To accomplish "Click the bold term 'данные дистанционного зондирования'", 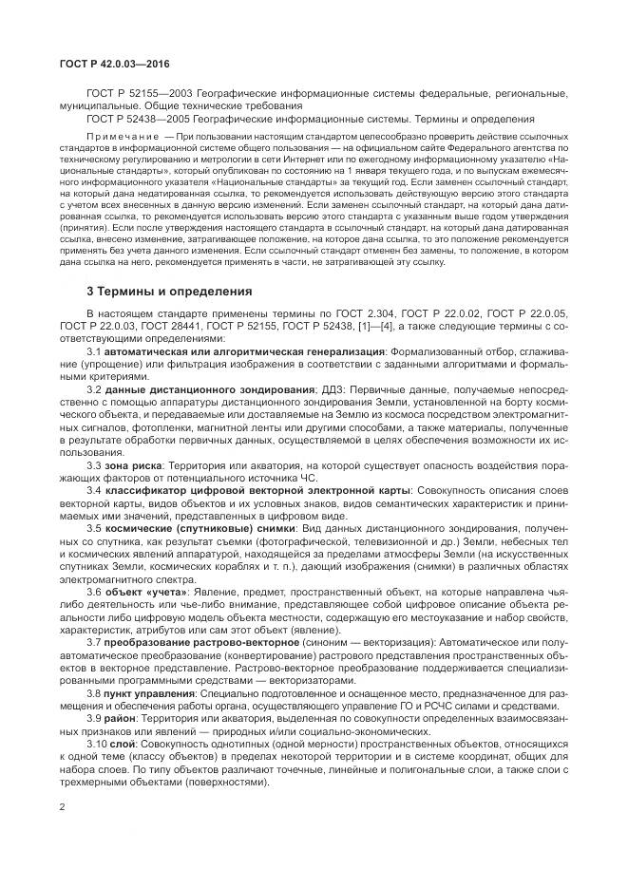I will [x=208, y=389].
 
